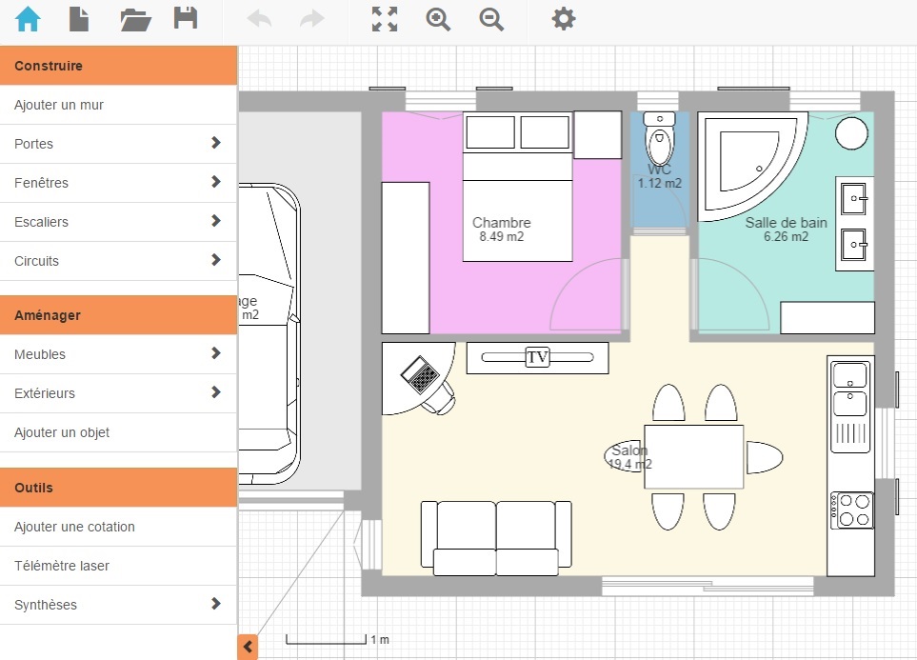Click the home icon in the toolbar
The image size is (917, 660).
[x=29, y=19]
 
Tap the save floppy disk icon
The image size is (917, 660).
[x=186, y=19]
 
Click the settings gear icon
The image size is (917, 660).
[x=564, y=19]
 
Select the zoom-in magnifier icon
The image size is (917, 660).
[x=438, y=19]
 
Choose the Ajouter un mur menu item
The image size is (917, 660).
[x=59, y=105]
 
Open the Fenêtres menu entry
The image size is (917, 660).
[x=42, y=183]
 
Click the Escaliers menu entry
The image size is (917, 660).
[x=42, y=222]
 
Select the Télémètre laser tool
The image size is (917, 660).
[x=62, y=566]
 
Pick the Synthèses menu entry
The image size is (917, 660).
[x=46, y=605]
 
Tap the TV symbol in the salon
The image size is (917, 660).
[x=538, y=357]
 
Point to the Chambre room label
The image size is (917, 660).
[x=502, y=223]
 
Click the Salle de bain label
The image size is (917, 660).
[x=786, y=223]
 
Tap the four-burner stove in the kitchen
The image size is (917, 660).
[x=850, y=510]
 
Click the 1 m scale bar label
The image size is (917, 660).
[x=380, y=639]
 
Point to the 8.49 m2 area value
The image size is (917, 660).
[x=502, y=237]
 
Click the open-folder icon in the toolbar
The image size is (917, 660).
[x=136, y=19]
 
